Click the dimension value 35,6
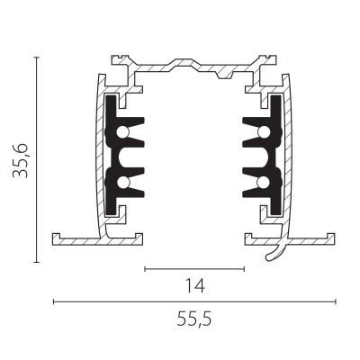tap(20, 160)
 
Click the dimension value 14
tap(194, 286)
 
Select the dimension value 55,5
tap(194, 319)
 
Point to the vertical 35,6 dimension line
tap(37, 160)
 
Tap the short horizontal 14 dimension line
tap(194, 268)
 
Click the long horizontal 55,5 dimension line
tap(194, 301)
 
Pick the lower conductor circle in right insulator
tap(260, 184)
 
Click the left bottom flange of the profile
tap(76, 239)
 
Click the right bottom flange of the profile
tap(306, 239)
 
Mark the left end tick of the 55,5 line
tap(53, 301)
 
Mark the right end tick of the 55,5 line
tap(336, 301)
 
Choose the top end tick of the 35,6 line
tap(37, 58)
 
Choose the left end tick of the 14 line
tap(144, 268)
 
